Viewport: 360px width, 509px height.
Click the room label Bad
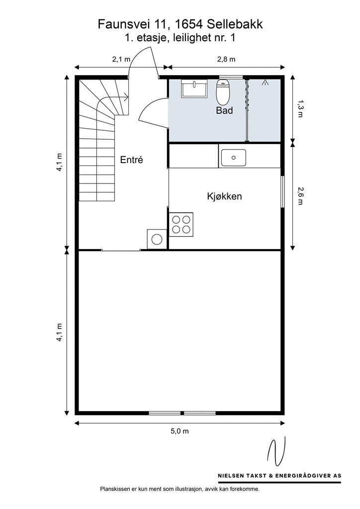click(224, 110)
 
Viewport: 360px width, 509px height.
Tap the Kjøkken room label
click(224, 196)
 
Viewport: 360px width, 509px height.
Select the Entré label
click(131, 160)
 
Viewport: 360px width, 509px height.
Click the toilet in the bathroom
click(223, 91)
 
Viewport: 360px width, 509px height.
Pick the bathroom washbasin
click(194, 88)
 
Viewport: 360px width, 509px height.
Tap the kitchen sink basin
click(233, 158)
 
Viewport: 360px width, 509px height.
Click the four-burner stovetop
click(181, 224)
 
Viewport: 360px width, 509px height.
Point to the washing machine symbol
click(157, 239)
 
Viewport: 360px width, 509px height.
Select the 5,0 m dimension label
click(180, 431)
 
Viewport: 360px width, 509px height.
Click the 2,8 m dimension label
click(226, 59)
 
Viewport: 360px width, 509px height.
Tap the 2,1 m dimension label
click(121, 59)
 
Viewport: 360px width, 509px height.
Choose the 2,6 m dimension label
click(299, 196)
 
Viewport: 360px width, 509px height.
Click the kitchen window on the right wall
click(282, 191)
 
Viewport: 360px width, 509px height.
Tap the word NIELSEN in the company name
click(230, 476)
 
